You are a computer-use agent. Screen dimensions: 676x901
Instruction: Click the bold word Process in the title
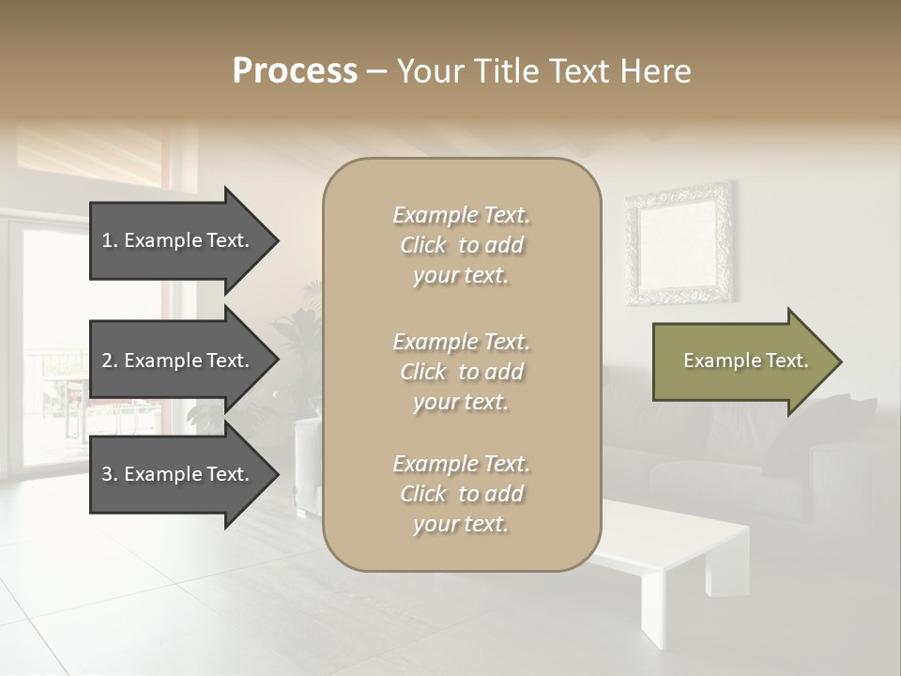tap(295, 71)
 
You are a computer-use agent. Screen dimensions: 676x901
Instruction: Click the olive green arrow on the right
tap(741, 361)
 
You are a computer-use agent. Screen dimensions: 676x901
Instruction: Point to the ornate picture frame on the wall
tap(680, 244)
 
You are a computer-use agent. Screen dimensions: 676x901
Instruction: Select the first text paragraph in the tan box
tap(461, 245)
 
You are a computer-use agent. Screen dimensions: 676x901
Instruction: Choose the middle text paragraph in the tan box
tap(461, 372)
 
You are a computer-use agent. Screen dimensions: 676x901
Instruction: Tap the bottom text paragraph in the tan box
tap(461, 494)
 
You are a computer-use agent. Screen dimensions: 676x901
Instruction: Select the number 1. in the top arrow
tap(109, 240)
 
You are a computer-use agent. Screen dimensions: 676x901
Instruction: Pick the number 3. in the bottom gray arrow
tap(109, 474)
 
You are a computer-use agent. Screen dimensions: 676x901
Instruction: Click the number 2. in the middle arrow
tap(109, 361)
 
